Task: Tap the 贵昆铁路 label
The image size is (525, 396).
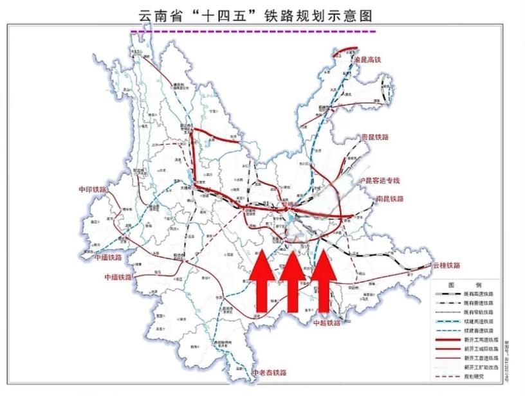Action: click(x=375, y=138)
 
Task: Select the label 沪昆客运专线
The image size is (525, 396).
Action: click(x=380, y=180)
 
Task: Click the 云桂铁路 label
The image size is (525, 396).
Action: click(x=447, y=265)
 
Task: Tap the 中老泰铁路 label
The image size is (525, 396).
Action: click(x=270, y=373)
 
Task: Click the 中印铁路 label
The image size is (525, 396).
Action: click(x=92, y=190)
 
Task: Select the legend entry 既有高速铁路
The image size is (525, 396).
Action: click(x=479, y=293)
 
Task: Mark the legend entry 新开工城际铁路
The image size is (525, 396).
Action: click(x=479, y=348)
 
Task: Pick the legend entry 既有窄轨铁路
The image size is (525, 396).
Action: click(x=479, y=311)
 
